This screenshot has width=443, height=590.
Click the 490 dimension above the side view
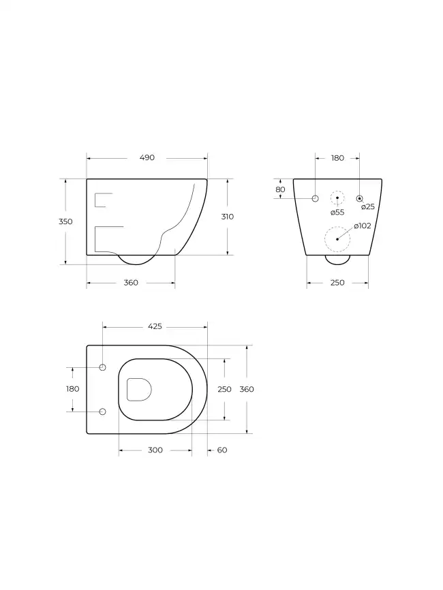pos(147,157)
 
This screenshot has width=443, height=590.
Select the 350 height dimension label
pos(65,221)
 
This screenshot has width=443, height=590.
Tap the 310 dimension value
pos(227,217)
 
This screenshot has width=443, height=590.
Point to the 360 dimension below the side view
pos(131,283)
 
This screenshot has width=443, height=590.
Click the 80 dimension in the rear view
pos(280,189)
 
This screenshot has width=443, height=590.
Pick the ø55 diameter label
pos(337,212)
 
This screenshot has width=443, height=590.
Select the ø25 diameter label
pos(367,207)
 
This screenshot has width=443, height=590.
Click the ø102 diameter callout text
pos(362,226)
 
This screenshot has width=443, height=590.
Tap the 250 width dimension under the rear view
pos(337,283)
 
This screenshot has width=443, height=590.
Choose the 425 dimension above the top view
pos(155,326)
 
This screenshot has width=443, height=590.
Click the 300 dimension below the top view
pos(155,450)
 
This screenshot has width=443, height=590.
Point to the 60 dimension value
pos(221,450)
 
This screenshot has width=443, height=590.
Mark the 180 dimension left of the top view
pos(73,389)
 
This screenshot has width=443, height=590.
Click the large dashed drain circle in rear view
pos(337,239)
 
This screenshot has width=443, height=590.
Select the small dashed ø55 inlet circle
pos(337,198)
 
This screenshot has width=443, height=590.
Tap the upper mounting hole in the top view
pos(103,368)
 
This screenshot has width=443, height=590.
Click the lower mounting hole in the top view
pos(103,412)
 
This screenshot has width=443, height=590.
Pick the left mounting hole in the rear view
pos(316,198)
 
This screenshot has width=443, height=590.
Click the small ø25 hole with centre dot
pos(359,198)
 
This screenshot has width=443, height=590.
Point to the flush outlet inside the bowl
pos(139,389)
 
